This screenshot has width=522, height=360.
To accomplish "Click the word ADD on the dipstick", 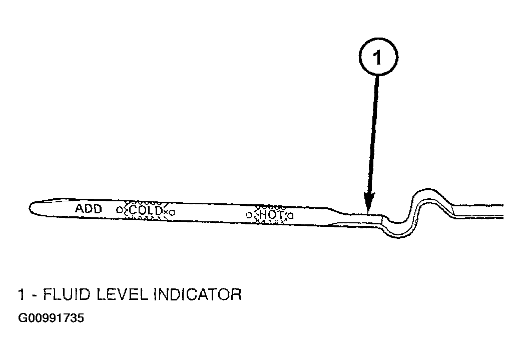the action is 88,209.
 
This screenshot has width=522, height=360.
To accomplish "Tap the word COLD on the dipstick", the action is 146,210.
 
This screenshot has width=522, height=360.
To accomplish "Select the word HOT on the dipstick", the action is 272,214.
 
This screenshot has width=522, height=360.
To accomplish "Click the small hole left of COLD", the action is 119,209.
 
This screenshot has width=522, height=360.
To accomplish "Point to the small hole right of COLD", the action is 172,212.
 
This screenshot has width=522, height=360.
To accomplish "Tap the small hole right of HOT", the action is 291,216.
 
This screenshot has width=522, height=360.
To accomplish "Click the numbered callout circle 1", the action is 378,57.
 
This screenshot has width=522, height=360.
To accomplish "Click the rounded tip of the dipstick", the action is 31,208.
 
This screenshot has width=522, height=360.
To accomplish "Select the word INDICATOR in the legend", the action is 198,294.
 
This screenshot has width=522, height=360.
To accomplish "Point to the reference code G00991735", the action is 51,318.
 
